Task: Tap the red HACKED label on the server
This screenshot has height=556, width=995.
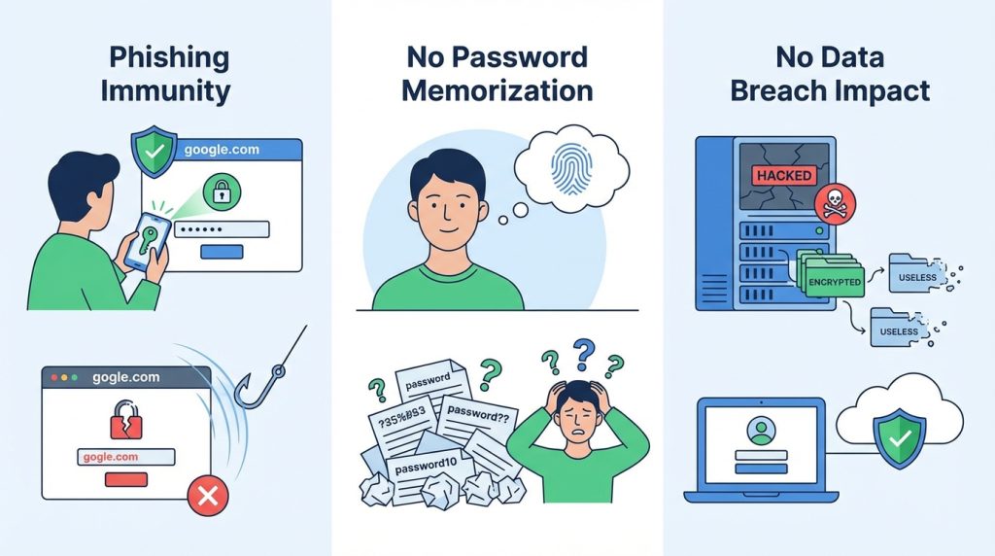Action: (x=784, y=175)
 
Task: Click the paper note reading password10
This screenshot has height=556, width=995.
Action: (x=424, y=467)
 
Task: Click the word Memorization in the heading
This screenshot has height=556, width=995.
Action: (x=497, y=92)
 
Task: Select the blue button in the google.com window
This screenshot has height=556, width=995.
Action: (x=221, y=253)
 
